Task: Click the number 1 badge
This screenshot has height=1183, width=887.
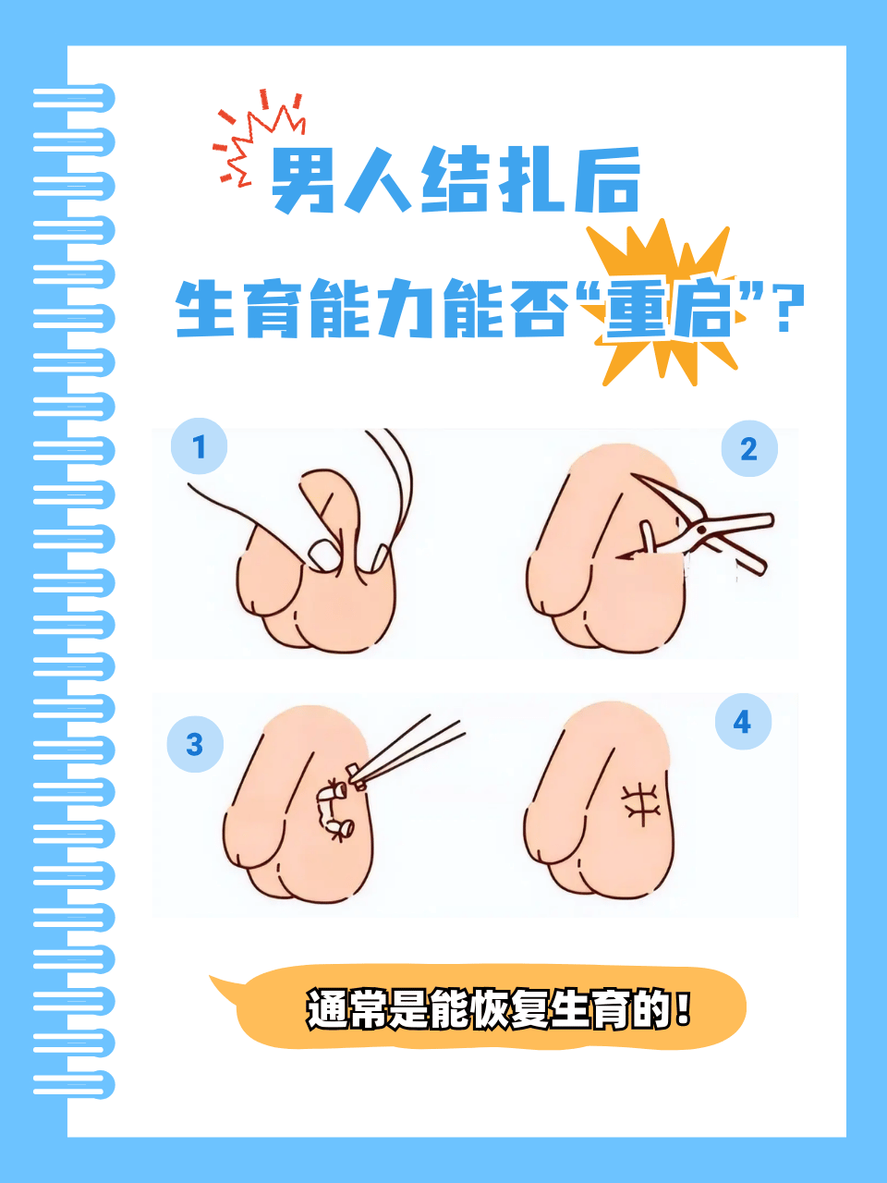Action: pos(199,447)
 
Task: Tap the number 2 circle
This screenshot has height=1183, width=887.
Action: pos(748,449)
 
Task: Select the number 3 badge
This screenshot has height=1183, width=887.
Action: pos(195,744)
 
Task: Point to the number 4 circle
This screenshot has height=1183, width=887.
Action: pos(743,722)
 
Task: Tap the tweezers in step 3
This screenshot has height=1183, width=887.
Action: pos(407,749)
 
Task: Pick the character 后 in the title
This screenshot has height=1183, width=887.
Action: pos(606,181)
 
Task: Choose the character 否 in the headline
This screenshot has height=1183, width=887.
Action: pos(539,310)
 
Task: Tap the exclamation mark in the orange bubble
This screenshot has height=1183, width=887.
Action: pos(683,1007)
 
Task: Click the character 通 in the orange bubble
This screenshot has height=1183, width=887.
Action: pos(327,1009)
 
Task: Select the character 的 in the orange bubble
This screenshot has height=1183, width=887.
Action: pos(650,1009)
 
